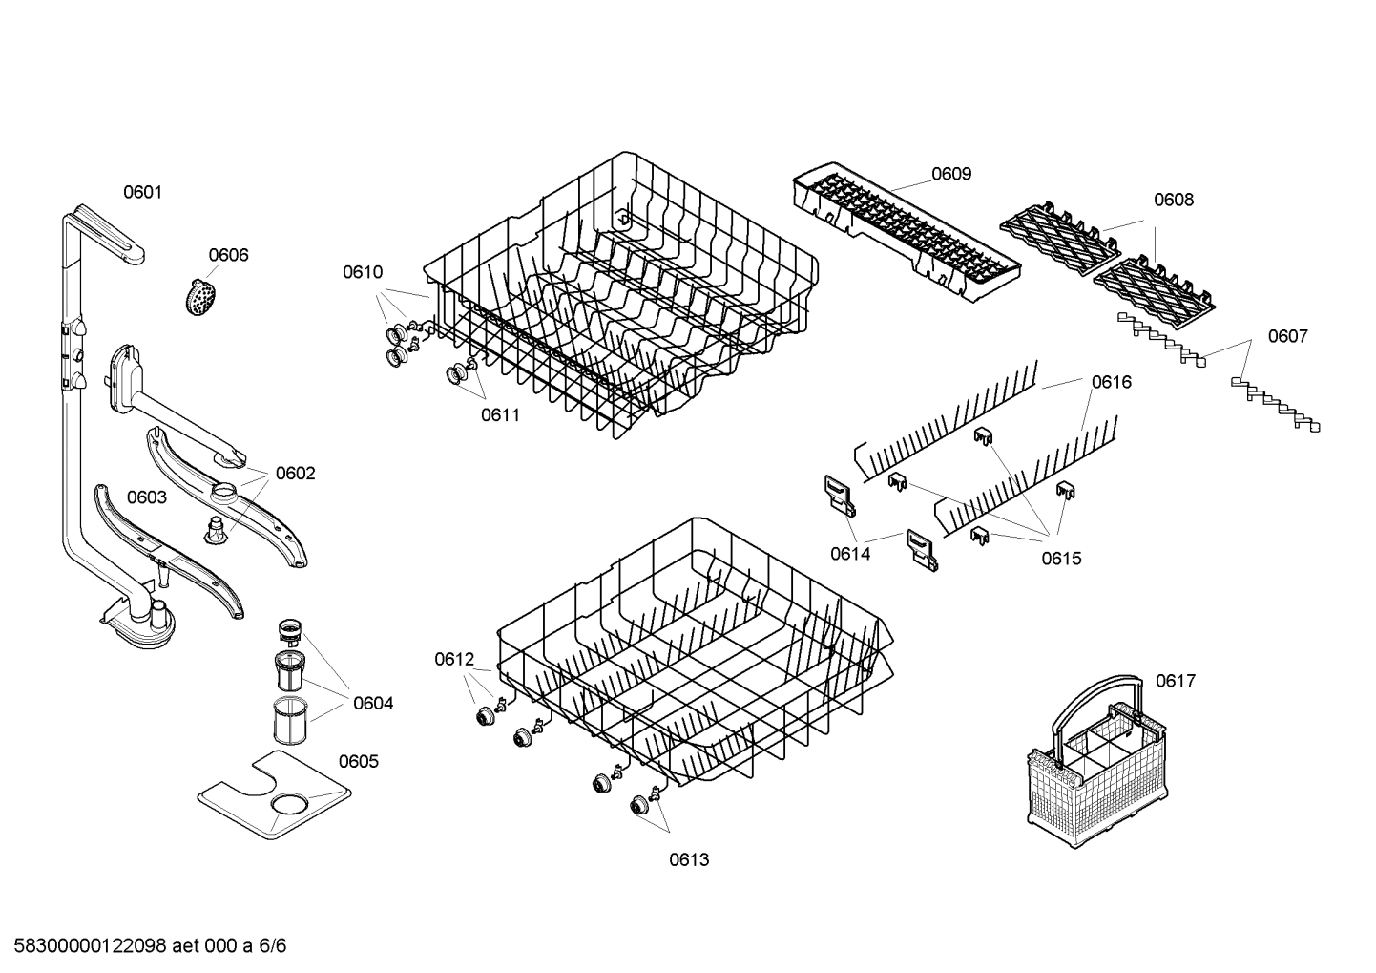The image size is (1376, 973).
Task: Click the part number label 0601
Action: tap(142, 192)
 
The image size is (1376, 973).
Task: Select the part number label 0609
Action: tap(950, 173)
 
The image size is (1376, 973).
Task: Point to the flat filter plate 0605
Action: tap(273, 796)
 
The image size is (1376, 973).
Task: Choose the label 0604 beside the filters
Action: tap(372, 704)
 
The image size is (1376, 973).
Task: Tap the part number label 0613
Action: tap(688, 859)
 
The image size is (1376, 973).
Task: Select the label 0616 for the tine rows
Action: tap(1111, 382)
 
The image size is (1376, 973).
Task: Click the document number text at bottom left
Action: tap(144, 946)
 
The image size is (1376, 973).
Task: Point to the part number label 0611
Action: tap(500, 414)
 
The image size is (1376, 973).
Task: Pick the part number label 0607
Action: tap(1287, 336)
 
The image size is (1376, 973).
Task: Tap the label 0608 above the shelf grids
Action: tap(1173, 200)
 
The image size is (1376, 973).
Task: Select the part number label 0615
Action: tap(1061, 559)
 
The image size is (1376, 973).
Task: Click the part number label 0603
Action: tap(146, 497)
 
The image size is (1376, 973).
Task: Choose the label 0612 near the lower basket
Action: tap(453, 659)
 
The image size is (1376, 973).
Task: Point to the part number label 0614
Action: tap(849, 554)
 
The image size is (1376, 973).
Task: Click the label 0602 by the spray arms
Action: tap(295, 474)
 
